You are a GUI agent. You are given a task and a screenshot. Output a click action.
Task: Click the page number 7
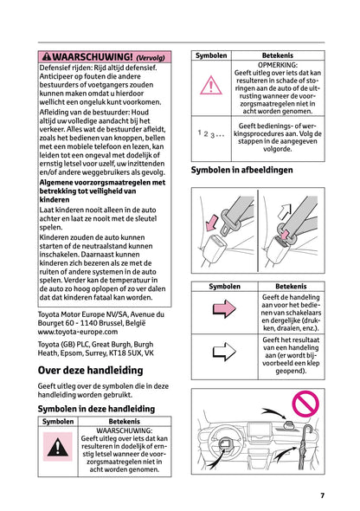point(322,495)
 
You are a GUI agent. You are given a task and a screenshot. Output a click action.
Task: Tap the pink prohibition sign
point(305,404)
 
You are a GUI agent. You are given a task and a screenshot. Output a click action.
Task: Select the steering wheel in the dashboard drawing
point(224,443)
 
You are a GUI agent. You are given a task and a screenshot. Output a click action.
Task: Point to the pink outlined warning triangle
point(211,86)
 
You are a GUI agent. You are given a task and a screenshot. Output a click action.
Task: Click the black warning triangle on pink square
point(58,447)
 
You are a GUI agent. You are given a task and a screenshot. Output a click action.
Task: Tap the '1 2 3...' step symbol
point(210,133)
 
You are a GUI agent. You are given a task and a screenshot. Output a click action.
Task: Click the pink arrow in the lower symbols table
point(224,308)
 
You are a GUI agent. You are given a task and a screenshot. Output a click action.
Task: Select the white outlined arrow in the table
point(224,352)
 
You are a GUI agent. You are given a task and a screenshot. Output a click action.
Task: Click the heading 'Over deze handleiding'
point(91,370)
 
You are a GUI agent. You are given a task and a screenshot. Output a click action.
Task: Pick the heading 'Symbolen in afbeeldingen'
point(241,170)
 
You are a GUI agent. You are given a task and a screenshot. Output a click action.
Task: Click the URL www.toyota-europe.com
point(78,332)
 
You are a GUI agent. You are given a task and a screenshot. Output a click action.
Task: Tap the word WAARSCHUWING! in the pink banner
point(92,57)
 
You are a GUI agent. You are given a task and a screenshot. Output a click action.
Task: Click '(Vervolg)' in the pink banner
point(151,58)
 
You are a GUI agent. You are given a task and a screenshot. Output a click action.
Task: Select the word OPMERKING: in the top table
point(278,65)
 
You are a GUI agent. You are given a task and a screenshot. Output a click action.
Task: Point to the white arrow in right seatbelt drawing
point(284,212)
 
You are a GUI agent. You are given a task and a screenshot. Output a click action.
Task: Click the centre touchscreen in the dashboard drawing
point(260,433)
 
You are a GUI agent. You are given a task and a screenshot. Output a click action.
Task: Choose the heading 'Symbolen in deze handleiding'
point(96,409)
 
